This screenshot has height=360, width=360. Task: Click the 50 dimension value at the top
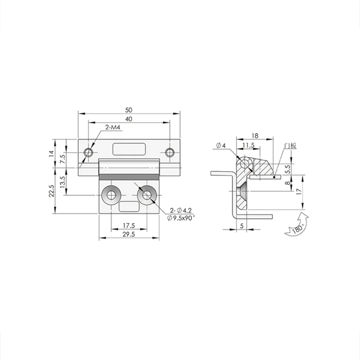click(x=129, y=110)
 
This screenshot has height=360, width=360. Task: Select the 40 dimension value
click(x=129, y=119)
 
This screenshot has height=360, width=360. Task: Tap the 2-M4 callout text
click(x=113, y=127)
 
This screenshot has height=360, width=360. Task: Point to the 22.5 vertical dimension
click(x=51, y=191)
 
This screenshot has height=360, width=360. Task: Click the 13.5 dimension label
click(x=63, y=182)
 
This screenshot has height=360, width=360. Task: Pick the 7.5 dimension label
click(x=63, y=159)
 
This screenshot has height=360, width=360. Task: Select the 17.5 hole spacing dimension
click(x=129, y=226)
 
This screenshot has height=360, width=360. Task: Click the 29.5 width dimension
click(x=129, y=234)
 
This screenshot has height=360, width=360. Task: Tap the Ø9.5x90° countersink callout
click(x=181, y=218)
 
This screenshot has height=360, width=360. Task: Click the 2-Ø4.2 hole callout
click(x=181, y=210)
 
